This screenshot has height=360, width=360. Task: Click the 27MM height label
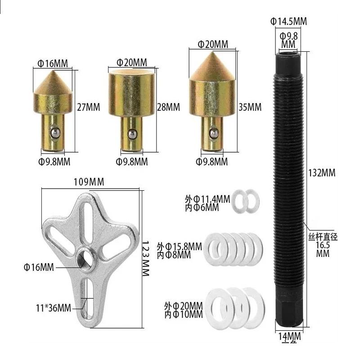[x=88, y=107]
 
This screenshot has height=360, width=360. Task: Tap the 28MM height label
[x=168, y=107]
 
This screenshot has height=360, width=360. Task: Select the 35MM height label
[x=250, y=107]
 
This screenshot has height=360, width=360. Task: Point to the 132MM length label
[x=322, y=173]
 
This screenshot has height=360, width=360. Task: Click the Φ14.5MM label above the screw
[x=288, y=21]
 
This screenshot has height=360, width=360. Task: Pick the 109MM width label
[x=89, y=182]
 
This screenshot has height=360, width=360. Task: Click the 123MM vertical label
[x=145, y=258]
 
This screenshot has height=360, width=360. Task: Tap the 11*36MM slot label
[x=54, y=308]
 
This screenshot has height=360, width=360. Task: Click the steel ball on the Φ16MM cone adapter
[x=55, y=133]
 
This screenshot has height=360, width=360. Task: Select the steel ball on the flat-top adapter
[x=132, y=134]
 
